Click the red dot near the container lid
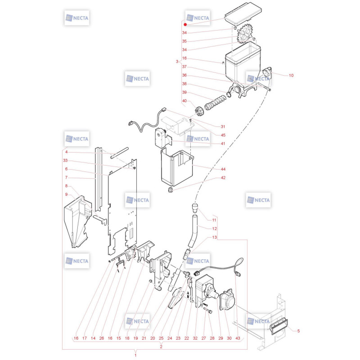[185, 25]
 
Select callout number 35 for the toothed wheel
[184, 41]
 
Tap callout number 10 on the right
[291, 75]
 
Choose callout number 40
[184, 101]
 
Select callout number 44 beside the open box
[223, 169]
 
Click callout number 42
[223, 178]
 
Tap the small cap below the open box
[171, 190]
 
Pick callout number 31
[223, 126]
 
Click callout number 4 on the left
[66, 152]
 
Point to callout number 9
[66, 194]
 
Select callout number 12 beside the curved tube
[215, 229]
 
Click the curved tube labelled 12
[193, 231]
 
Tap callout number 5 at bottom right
[298, 331]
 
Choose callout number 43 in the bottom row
[238, 338]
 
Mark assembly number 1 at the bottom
[135, 355]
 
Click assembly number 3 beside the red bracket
[177, 62]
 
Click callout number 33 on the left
[65, 161]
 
